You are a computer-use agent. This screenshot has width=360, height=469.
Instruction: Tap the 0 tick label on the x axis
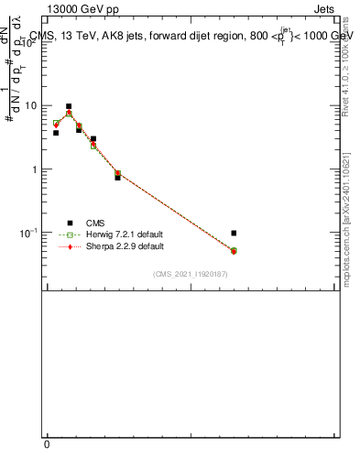(48, 444)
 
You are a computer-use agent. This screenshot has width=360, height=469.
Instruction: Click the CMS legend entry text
(95, 222)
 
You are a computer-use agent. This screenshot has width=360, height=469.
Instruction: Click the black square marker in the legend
(70, 222)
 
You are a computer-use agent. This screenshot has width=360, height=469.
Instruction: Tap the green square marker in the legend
(70, 234)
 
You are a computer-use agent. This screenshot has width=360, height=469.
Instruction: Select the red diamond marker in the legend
(70, 246)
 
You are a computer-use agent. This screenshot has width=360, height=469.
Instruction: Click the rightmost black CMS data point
(234, 233)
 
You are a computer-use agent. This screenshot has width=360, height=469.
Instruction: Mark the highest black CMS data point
(69, 106)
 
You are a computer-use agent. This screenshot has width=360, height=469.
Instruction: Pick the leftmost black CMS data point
(56, 133)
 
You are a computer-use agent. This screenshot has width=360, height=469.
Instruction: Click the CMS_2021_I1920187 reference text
(190, 275)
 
